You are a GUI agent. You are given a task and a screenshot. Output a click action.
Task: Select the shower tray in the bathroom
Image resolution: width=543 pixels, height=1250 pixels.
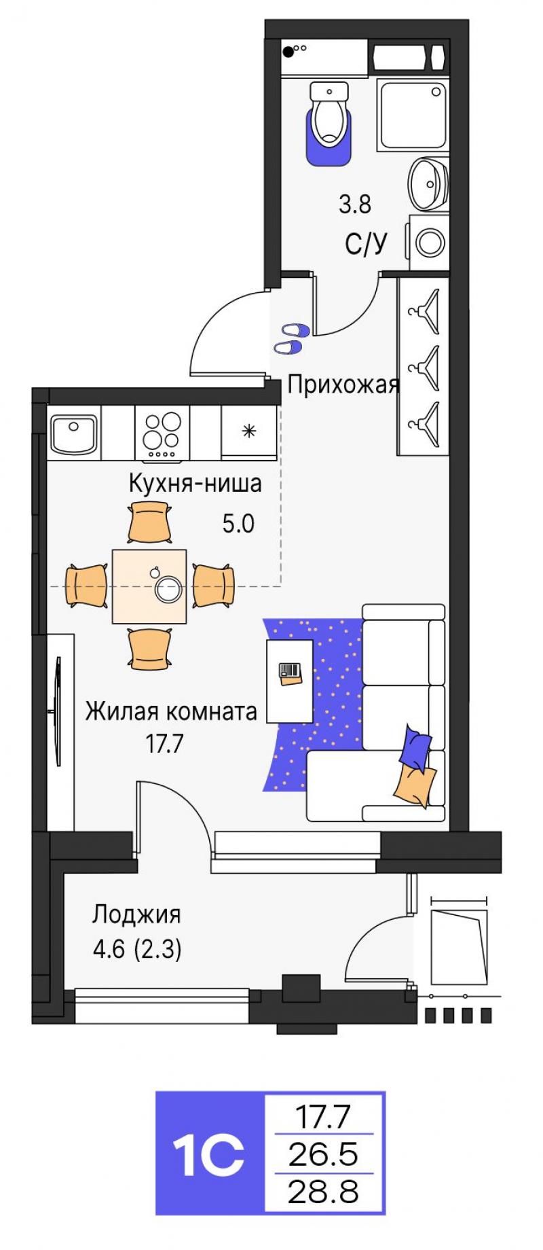[413, 115]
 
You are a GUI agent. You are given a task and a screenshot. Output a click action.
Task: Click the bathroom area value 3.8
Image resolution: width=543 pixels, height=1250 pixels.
[355, 204]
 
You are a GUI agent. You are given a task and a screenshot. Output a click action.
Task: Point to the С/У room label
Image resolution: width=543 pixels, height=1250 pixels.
[366, 243]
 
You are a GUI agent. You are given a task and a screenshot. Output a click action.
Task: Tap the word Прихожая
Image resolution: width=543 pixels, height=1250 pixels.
[343, 385]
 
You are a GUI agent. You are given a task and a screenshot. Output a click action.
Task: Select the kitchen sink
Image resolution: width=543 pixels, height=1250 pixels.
[74, 433]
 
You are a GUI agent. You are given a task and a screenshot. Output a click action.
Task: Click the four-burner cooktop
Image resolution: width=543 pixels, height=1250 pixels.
[162, 434]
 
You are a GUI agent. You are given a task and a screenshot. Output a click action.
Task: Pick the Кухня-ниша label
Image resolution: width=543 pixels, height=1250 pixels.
[195, 484]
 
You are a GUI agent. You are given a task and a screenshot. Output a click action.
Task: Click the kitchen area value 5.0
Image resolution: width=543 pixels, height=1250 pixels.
[238, 524]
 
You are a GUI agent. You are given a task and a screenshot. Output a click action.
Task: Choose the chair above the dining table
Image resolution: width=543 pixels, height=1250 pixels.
[149, 522]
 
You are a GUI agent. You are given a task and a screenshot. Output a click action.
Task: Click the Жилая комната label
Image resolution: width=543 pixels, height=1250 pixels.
[171, 712]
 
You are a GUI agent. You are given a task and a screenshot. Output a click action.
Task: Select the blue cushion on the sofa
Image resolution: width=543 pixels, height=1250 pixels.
[415, 746]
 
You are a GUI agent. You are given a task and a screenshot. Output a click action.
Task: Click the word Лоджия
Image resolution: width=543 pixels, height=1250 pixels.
[136, 914]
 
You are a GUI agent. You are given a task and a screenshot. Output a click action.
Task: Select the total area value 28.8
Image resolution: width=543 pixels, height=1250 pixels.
[323, 1192]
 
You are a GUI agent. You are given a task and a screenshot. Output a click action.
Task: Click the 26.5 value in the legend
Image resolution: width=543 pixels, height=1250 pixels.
[323, 1154]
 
